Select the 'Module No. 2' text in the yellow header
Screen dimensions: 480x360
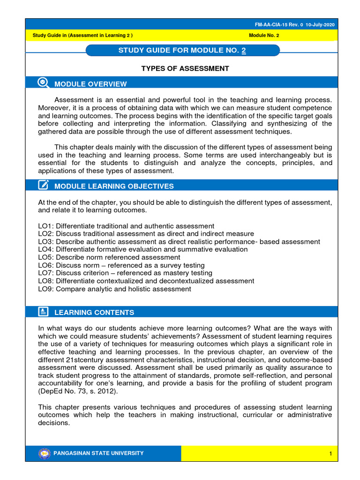pyautogui.click(x=264, y=35)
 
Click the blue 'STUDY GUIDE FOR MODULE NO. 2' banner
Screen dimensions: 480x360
pyautogui.click(x=183, y=50)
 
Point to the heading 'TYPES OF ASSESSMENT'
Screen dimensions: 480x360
pyautogui.click(x=185, y=68)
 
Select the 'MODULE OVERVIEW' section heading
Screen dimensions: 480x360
pyautogui.click(x=90, y=84)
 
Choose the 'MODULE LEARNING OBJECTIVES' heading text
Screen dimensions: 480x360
pyautogui.click(x=114, y=186)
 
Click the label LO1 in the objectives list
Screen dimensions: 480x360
pyautogui.click(x=45, y=226)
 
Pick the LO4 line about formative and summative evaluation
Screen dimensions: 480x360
pyautogui.click(x=143, y=249)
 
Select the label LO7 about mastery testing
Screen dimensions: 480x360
pyautogui.click(x=45, y=273)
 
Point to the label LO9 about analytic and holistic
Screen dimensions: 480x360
pyautogui.click(x=45, y=289)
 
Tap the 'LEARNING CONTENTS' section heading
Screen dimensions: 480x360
pyautogui.click(x=94, y=312)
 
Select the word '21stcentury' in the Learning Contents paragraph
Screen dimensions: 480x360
pyautogui.click(x=85, y=360)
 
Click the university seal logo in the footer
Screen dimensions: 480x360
pyautogui.click(x=44, y=453)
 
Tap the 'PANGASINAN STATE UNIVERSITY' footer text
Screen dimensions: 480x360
pyautogui.click(x=99, y=453)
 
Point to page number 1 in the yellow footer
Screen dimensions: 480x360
pyautogui.click(x=330, y=454)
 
